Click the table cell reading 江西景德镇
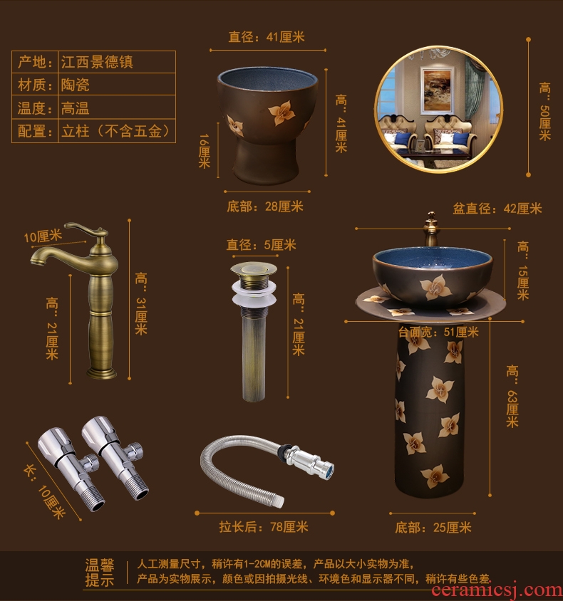(117, 62)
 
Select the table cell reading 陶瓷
(117, 84)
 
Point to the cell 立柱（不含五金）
(117, 131)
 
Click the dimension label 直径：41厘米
(267, 37)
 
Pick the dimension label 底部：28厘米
(265, 207)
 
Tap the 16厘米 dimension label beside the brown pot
(204, 151)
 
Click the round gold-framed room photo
(438, 110)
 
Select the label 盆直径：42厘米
(497, 209)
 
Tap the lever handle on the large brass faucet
(86, 229)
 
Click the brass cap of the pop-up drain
(254, 269)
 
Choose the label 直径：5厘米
(261, 244)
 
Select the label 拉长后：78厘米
(264, 527)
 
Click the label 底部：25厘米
(433, 528)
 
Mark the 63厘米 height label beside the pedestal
(512, 397)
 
